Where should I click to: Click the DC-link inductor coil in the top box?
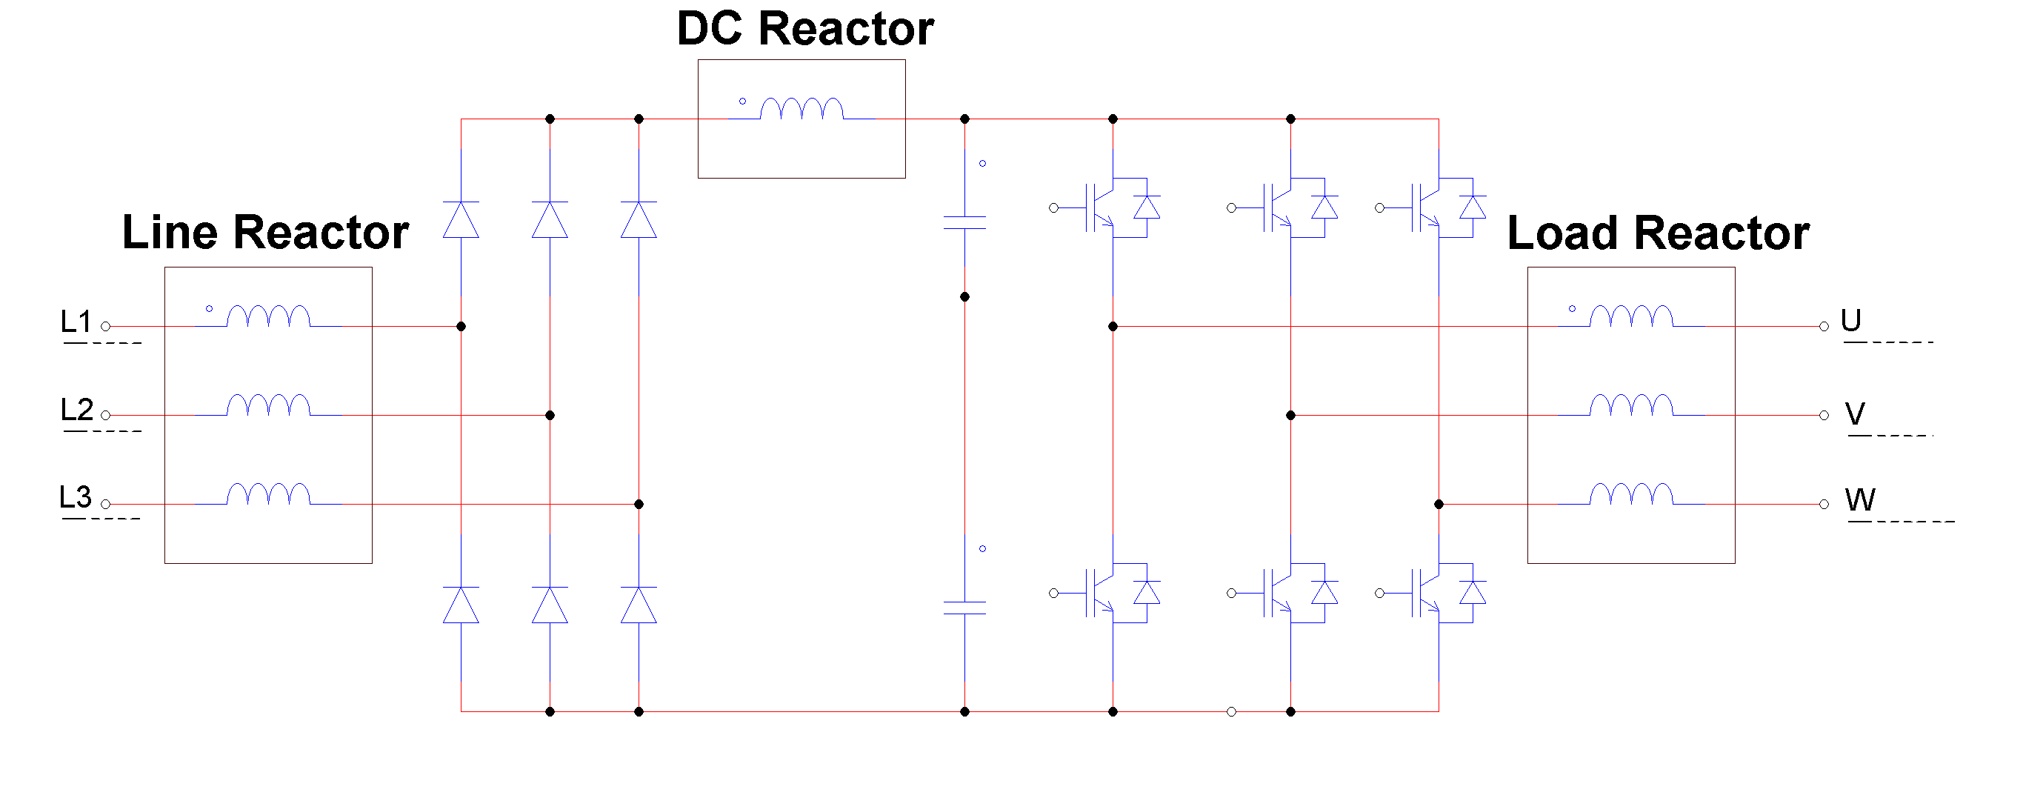(x=801, y=109)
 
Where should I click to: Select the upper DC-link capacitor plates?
(x=964, y=222)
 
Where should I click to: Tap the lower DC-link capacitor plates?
(x=964, y=608)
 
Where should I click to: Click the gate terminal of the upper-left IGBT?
(x=1054, y=208)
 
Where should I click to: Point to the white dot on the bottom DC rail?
(x=1231, y=711)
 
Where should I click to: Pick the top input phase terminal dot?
(x=105, y=326)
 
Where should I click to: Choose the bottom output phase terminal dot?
(x=1824, y=504)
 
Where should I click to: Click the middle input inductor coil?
(x=269, y=405)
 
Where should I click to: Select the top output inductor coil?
(x=1631, y=316)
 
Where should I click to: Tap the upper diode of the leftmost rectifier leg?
(x=461, y=220)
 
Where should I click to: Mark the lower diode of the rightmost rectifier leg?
(x=639, y=605)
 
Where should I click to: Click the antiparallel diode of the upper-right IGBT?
(x=1473, y=207)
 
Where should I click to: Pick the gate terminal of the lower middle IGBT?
(x=1231, y=593)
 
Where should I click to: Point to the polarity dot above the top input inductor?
(x=209, y=309)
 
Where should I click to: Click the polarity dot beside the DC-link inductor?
(x=742, y=102)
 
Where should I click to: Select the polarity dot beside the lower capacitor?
(x=982, y=549)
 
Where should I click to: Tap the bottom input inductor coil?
(x=269, y=494)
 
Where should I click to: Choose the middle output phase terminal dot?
(x=1824, y=415)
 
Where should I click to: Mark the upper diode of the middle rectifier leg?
(x=550, y=220)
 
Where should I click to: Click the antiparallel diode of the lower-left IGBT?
(x=1147, y=593)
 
